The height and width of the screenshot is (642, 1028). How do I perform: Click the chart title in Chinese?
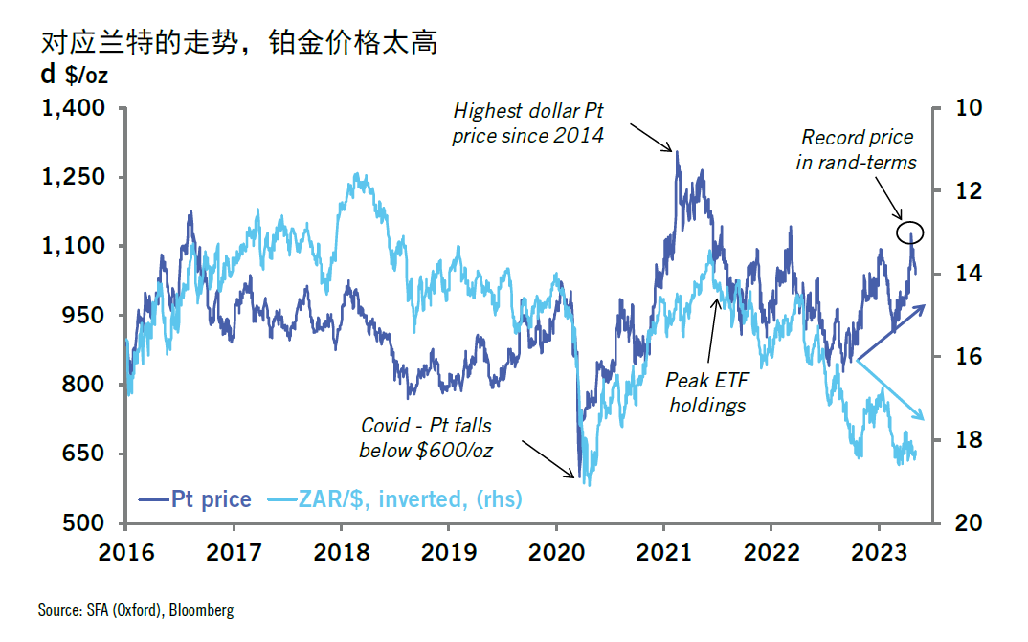(x=238, y=42)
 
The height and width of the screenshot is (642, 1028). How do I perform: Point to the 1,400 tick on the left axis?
(x=73, y=108)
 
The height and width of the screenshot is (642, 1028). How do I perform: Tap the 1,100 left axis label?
(x=73, y=246)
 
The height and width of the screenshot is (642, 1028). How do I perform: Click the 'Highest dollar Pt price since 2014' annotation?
(x=528, y=122)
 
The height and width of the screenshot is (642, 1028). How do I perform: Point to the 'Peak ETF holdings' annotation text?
(x=707, y=393)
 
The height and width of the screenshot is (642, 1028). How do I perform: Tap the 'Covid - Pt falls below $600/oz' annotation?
(x=426, y=437)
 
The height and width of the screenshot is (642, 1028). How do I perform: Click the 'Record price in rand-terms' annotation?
(x=857, y=150)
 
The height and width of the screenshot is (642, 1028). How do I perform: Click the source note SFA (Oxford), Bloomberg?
(x=136, y=609)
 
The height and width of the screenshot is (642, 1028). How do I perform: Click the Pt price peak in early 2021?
(x=677, y=152)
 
